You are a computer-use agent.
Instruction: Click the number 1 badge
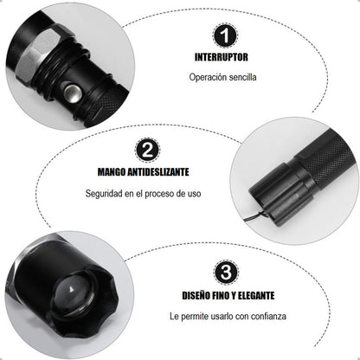coord(226,35)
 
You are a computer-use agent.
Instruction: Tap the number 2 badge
coord(147,151)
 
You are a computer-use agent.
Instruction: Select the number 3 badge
coord(226,273)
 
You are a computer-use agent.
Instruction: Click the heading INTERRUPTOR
coord(222,57)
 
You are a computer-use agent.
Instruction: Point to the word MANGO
coord(112,172)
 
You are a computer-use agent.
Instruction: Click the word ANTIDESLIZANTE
coord(158,172)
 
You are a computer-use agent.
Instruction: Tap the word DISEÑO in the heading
coord(196,296)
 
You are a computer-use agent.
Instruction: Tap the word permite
coord(192,317)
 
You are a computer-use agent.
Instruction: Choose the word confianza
coord(268,316)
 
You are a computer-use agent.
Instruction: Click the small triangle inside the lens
coord(71,289)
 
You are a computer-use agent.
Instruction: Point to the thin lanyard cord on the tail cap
coord(254,216)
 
